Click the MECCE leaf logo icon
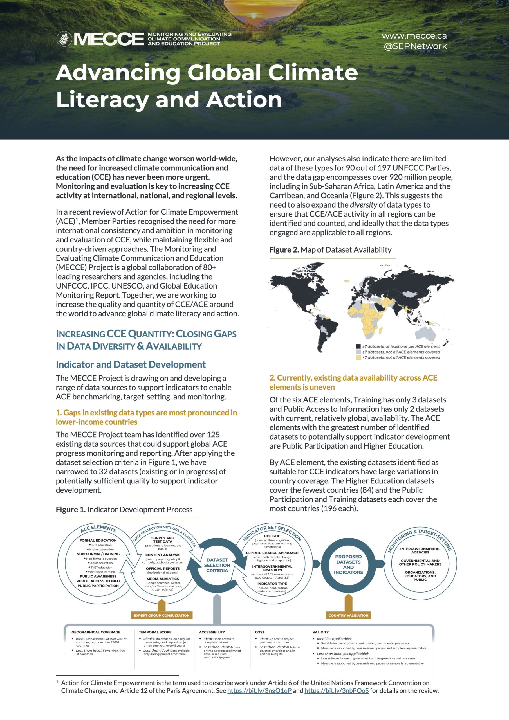click(64, 39)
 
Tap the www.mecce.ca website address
click(414, 36)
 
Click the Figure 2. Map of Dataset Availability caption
click(330, 250)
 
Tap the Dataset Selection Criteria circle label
click(217, 565)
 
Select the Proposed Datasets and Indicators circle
click(348, 564)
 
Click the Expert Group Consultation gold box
click(161, 615)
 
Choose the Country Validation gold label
click(348, 615)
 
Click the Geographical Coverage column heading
click(96, 632)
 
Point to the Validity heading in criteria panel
click(320, 632)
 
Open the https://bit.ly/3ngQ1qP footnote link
click(259, 690)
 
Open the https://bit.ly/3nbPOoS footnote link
click(337, 690)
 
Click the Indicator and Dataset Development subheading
click(131, 364)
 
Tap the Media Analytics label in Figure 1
click(163, 579)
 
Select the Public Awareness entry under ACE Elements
click(98, 576)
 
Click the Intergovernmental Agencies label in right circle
click(420, 550)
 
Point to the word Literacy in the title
click(102, 100)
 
